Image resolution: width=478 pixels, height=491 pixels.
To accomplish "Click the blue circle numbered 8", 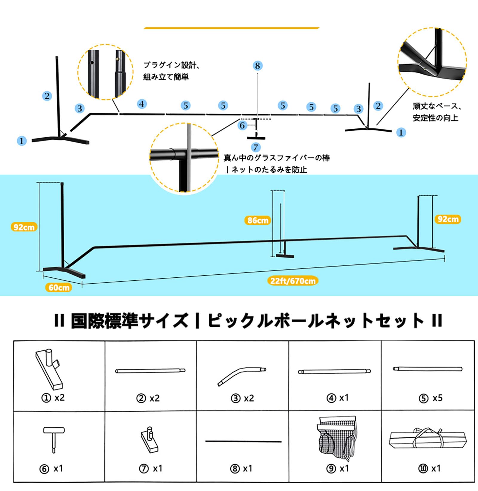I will [257, 66].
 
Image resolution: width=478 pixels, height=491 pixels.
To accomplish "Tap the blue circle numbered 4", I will [142, 104].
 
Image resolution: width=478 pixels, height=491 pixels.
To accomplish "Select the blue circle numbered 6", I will [242, 125].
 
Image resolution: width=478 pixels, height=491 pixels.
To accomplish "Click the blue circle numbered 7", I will [255, 147].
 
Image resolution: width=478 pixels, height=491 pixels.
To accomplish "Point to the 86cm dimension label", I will [258, 221].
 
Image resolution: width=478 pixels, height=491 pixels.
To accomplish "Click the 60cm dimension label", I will [59, 288].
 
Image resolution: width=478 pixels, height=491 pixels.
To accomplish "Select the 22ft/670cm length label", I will [292, 281].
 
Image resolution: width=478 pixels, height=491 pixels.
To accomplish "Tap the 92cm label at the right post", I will [448, 219].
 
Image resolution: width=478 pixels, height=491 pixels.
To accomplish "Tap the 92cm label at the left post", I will [24, 227].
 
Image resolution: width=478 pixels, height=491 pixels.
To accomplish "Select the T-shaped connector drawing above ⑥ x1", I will [54, 438].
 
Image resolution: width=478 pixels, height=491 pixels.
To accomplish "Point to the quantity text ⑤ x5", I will [430, 398].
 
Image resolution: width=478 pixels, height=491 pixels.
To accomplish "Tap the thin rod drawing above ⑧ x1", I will [243, 441].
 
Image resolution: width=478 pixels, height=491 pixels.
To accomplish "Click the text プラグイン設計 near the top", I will [171, 65].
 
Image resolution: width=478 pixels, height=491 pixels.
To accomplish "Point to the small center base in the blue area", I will [285, 256].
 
